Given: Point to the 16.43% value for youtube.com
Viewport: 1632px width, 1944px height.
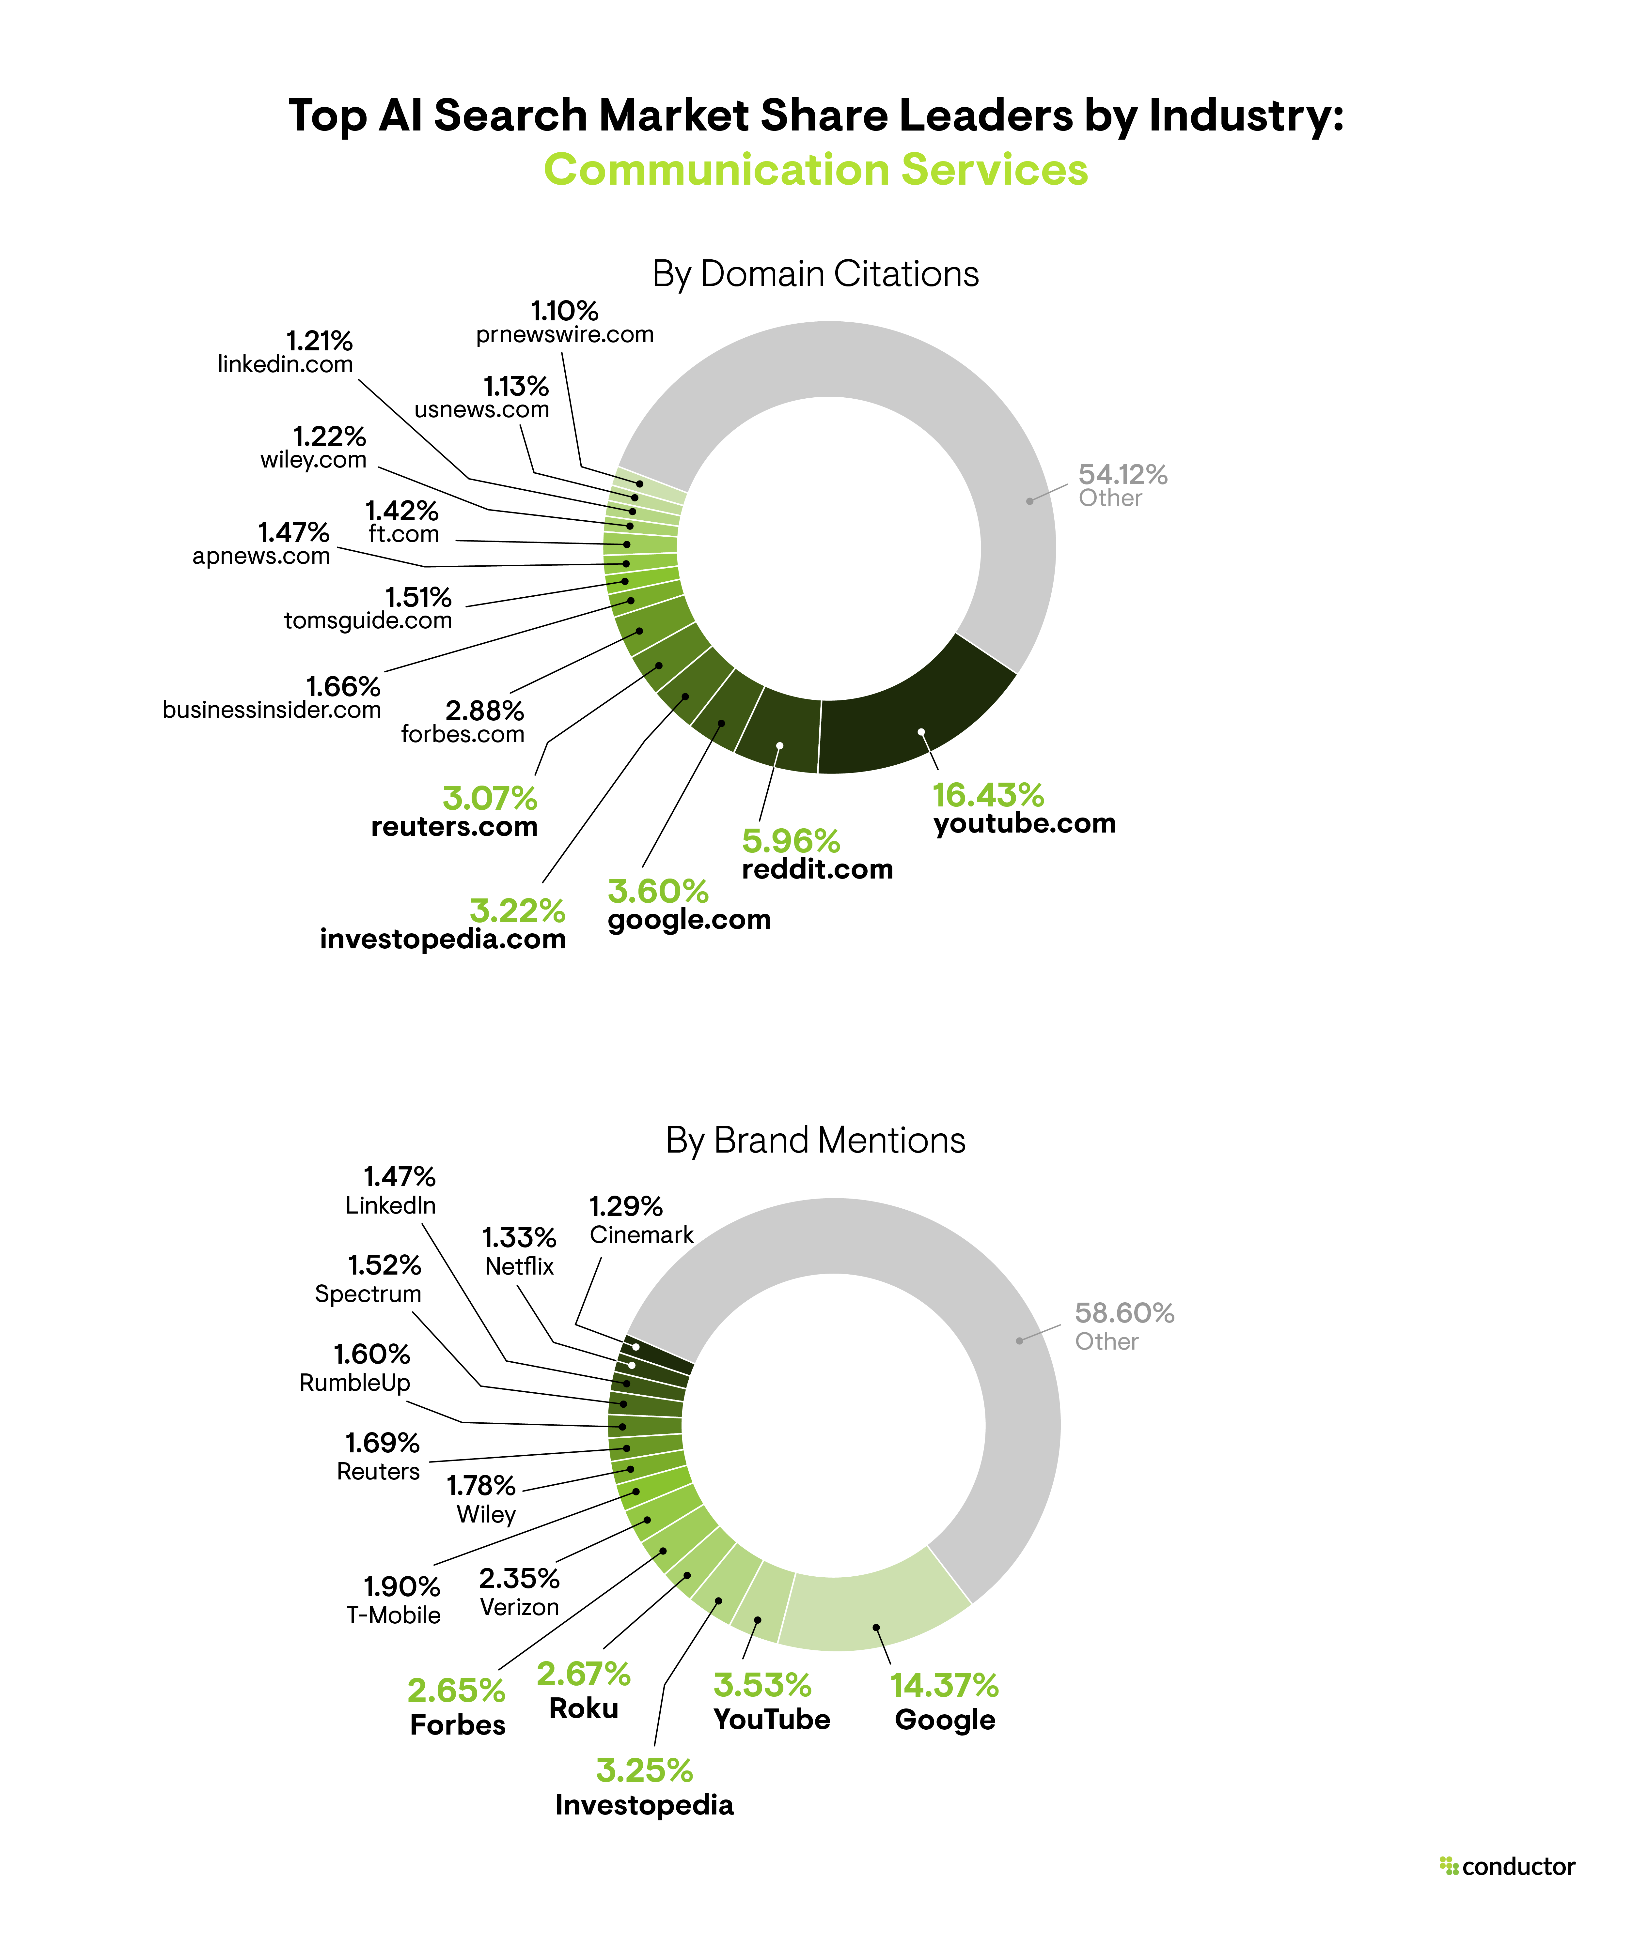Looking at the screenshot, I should pos(987,795).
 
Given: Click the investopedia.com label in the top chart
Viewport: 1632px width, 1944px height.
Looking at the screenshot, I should pos(443,940).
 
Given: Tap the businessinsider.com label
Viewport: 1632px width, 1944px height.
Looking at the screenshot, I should pos(271,710).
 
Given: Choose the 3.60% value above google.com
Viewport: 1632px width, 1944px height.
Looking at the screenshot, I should pos(658,892).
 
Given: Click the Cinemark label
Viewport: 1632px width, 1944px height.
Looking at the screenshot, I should pos(641,1235).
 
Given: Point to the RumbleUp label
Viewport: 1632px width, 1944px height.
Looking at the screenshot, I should pos(355,1383).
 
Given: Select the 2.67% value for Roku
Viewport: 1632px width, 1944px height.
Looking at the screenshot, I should pos(584,1675).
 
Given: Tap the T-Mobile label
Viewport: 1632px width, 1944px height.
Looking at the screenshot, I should pos(394,1615).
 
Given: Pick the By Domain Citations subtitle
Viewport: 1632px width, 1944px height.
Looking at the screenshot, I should pos(815,274).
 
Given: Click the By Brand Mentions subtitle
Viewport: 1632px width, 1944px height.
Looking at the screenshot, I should pos(815,1140).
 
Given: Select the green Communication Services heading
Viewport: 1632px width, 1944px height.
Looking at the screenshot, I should pos(815,169).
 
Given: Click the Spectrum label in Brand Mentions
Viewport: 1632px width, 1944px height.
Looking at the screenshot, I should pos(368,1294).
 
